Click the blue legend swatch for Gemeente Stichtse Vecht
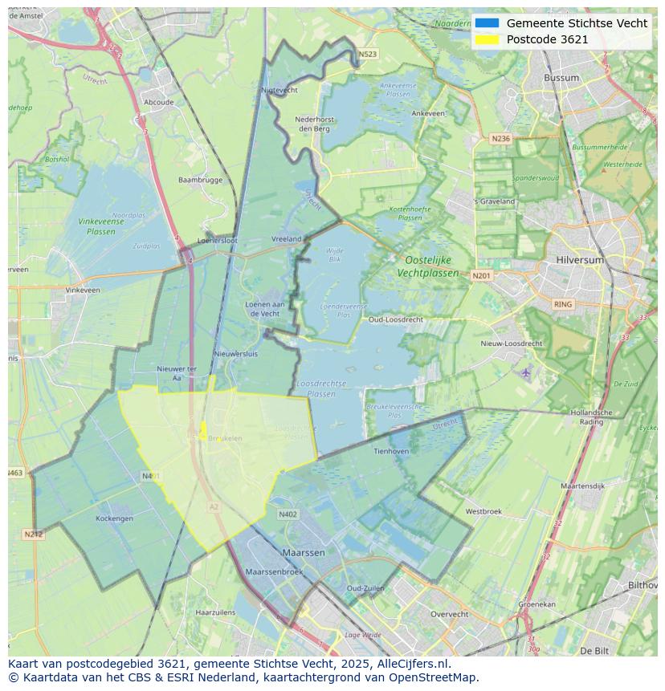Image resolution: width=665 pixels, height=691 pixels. click(487, 23)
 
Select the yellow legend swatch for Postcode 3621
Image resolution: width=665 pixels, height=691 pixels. click(487, 39)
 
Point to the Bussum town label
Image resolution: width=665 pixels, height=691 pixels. click(561, 78)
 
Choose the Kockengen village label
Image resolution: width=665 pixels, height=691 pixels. click(114, 518)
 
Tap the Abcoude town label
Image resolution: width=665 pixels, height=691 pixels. click(158, 103)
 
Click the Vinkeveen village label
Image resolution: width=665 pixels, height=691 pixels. click(83, 290)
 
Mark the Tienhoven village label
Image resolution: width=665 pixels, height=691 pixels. click(391, 451)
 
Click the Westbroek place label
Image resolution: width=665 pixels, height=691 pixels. click(483, 511)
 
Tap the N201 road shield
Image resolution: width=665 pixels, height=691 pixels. click(481, 276)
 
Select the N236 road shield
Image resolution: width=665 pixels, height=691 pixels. click(500, 138)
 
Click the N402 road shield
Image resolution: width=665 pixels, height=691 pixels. click(288, 514)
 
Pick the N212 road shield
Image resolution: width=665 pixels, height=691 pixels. click(33, 534)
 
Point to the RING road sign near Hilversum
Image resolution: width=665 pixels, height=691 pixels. click(563, 304)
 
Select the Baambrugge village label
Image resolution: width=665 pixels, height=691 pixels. click(200, 180)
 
